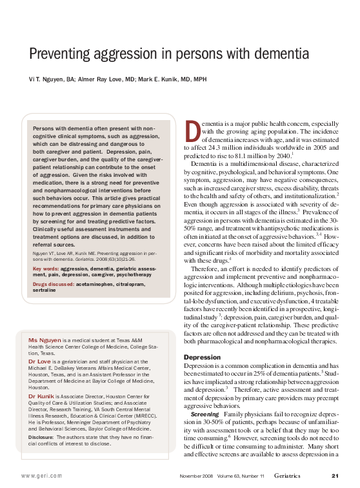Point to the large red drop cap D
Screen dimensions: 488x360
(192, 130)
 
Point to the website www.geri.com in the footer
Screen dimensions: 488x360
(43, 476)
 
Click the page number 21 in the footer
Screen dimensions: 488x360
(335, 476)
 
